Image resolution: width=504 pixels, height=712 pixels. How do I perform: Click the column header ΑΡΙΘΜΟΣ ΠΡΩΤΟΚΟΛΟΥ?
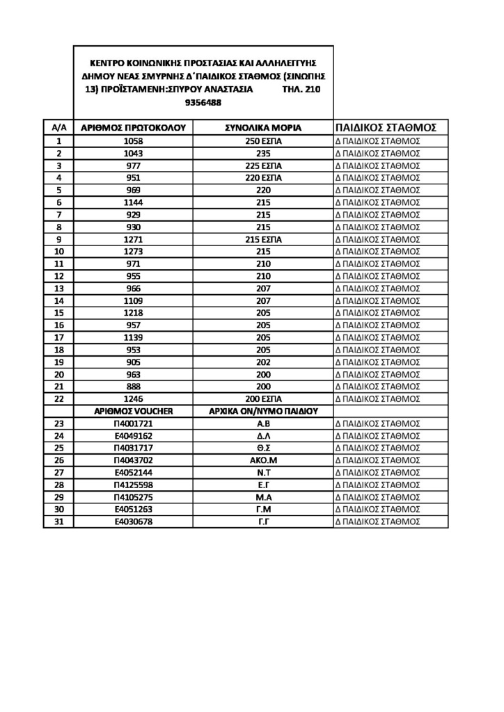click(x=132, y=128)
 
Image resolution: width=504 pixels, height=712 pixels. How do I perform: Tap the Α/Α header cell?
click(x=59, y=128)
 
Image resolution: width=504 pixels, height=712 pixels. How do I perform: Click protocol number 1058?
click(x=132, y=140)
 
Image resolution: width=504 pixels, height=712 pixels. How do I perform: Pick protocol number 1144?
click(x=132, y=202)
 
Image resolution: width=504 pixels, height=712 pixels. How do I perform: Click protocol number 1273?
click(x=132, y=251)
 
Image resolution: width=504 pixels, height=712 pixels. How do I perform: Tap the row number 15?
click(x=59, y=313)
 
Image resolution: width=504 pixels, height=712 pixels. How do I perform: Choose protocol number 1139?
click(x=132, y=337)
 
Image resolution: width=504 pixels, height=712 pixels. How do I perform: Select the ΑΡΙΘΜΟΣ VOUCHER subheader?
click(x=132, y=411)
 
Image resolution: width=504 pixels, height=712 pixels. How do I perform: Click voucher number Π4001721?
click(x=132, y=423)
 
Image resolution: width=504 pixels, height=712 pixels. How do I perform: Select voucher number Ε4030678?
click(x=132, y=521)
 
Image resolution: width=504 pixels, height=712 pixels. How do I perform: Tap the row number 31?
click(x=59, y=521)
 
